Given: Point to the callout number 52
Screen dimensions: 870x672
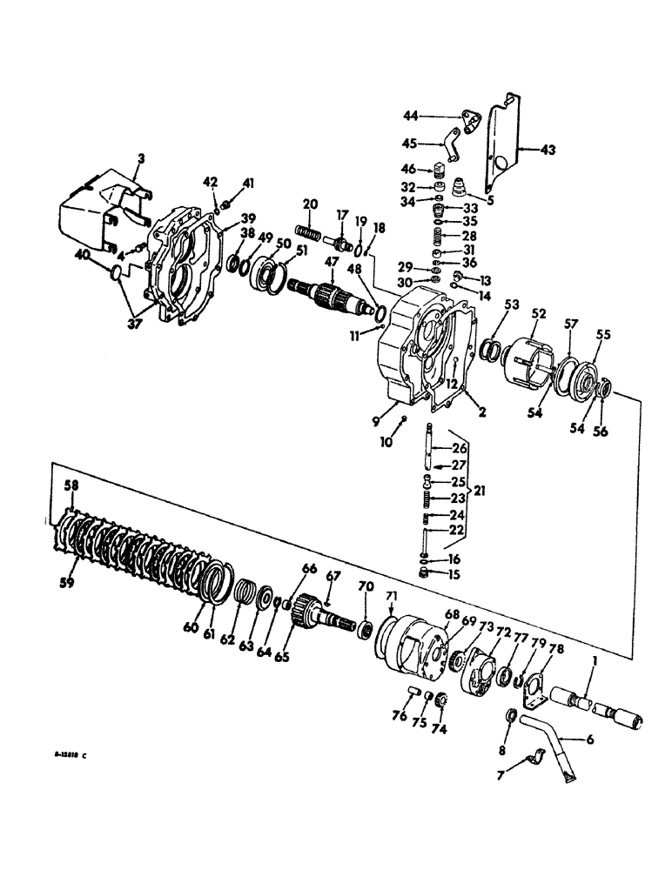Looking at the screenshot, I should click(x=539, y=313).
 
